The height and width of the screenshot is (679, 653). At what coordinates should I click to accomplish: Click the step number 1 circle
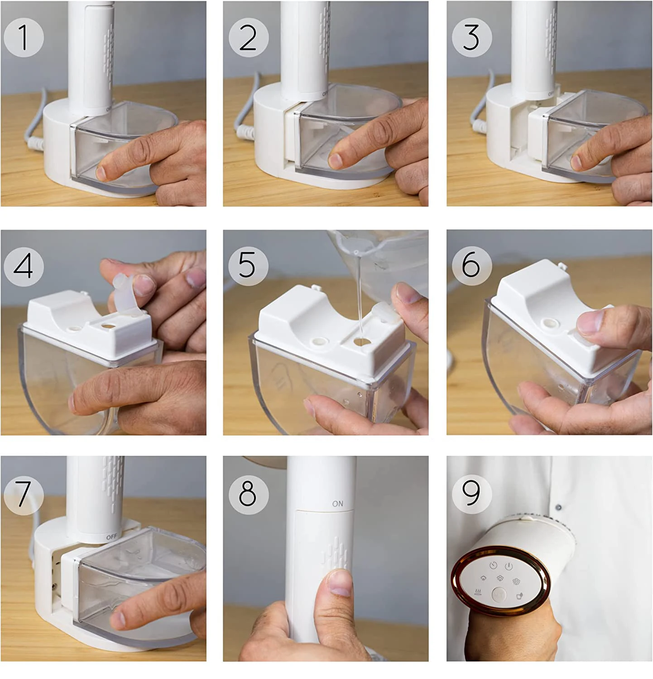(x=24, y=37)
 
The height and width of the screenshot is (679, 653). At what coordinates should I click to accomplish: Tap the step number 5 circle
(x=248, y=265)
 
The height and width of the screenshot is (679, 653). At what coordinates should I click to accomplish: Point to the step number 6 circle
(x=472, y=265)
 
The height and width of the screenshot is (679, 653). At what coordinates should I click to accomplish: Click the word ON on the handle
(x=338, y=503)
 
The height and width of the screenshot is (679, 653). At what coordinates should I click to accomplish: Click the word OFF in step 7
(x=111, y=537)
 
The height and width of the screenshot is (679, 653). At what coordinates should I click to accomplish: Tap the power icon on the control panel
(x=509, y=566)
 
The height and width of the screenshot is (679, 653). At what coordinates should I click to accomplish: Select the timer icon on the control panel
(x=493, y=565)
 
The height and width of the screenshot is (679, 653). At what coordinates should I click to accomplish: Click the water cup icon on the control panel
(x=519, y=595)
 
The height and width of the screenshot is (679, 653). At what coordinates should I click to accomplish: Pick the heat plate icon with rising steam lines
(x=478, y=592)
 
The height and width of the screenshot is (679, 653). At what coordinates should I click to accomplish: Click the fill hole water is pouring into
(x=361, y=342)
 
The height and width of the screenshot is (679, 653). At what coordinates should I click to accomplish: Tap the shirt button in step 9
(x=558, y=507)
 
